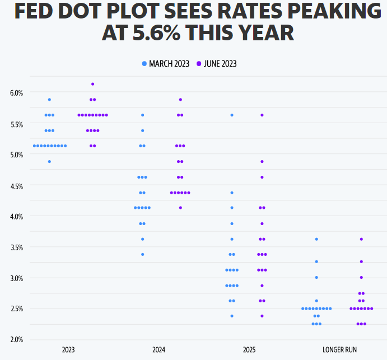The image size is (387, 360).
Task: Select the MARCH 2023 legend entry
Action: (x=166, y=64)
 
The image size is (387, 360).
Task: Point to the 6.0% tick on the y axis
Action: (x=16, y=93)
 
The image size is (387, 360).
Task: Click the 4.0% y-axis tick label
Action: (x=16, y=216)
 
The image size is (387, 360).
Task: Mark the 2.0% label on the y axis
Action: (x=16, y=339)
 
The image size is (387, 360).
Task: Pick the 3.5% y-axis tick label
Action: (x=16, y=247)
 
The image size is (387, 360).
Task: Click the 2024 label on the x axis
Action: (x=159, y=350)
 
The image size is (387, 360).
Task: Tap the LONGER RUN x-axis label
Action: (x=339, y=350)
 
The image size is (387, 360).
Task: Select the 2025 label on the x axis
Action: (x=249, y=350)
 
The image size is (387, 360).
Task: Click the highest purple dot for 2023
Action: (x=92, y=84)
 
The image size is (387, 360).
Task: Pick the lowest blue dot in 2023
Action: (x=49, y=161)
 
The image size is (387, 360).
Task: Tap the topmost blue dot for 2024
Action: (x=142, y=115)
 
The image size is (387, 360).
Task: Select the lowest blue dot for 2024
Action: (x=142, y=254)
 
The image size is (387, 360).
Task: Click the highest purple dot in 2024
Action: (x=180, y=100)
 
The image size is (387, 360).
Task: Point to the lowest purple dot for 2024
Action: (x=180, y=208)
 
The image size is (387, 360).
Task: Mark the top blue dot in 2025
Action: (x=232, y=115)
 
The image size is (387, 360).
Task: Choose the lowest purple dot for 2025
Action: (x=262, y=316)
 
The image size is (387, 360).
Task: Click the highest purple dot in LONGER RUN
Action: (x=361, y=239)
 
